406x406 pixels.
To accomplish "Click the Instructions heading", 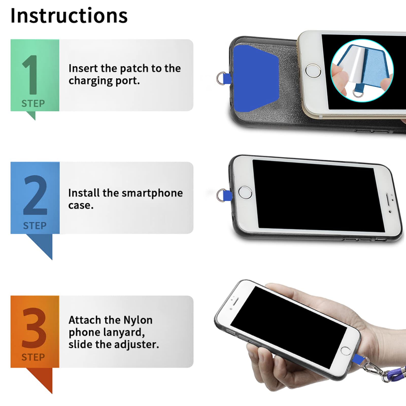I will pos(69,16).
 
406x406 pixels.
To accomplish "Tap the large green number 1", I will pos(30,75).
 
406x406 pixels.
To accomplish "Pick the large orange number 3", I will pos(34,328).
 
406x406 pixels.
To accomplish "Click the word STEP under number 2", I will pos(35,226).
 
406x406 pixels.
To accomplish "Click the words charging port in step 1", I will pos(104,81).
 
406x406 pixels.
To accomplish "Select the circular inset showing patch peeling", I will pos(362,71).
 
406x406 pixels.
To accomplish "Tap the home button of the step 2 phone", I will pos(245,192).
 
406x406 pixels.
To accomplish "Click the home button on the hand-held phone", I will pos(346,351).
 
